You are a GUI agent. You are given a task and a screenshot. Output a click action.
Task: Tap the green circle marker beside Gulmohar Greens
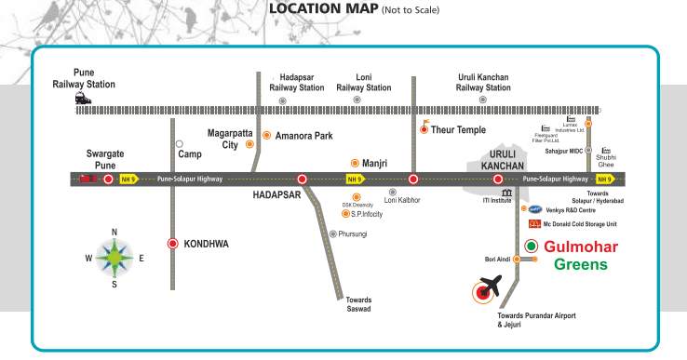(531, 246)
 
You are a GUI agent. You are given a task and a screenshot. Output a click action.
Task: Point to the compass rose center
(114, 258)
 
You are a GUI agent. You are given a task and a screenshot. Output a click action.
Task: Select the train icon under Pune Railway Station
(84, 98)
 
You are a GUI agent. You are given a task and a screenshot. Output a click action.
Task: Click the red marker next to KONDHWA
(172, 244)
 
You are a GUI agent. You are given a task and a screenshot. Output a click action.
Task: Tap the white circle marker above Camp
(179, 144)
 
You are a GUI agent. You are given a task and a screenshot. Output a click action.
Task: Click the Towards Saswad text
(358, 304)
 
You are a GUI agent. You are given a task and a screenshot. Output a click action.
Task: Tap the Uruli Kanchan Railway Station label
(483, 82)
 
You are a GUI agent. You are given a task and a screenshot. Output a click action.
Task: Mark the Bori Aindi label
(498, 260)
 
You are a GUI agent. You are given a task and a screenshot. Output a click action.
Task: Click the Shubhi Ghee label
(607, 159)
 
